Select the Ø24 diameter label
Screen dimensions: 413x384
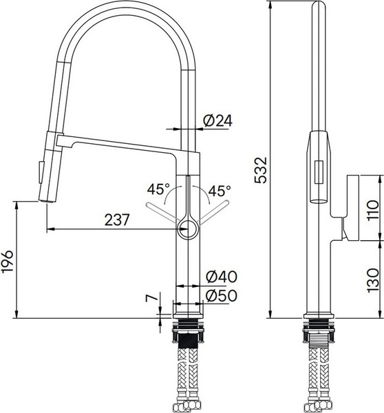click(217, 120)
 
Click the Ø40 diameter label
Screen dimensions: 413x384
click(220, 277)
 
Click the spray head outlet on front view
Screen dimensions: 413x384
click(47, 198)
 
